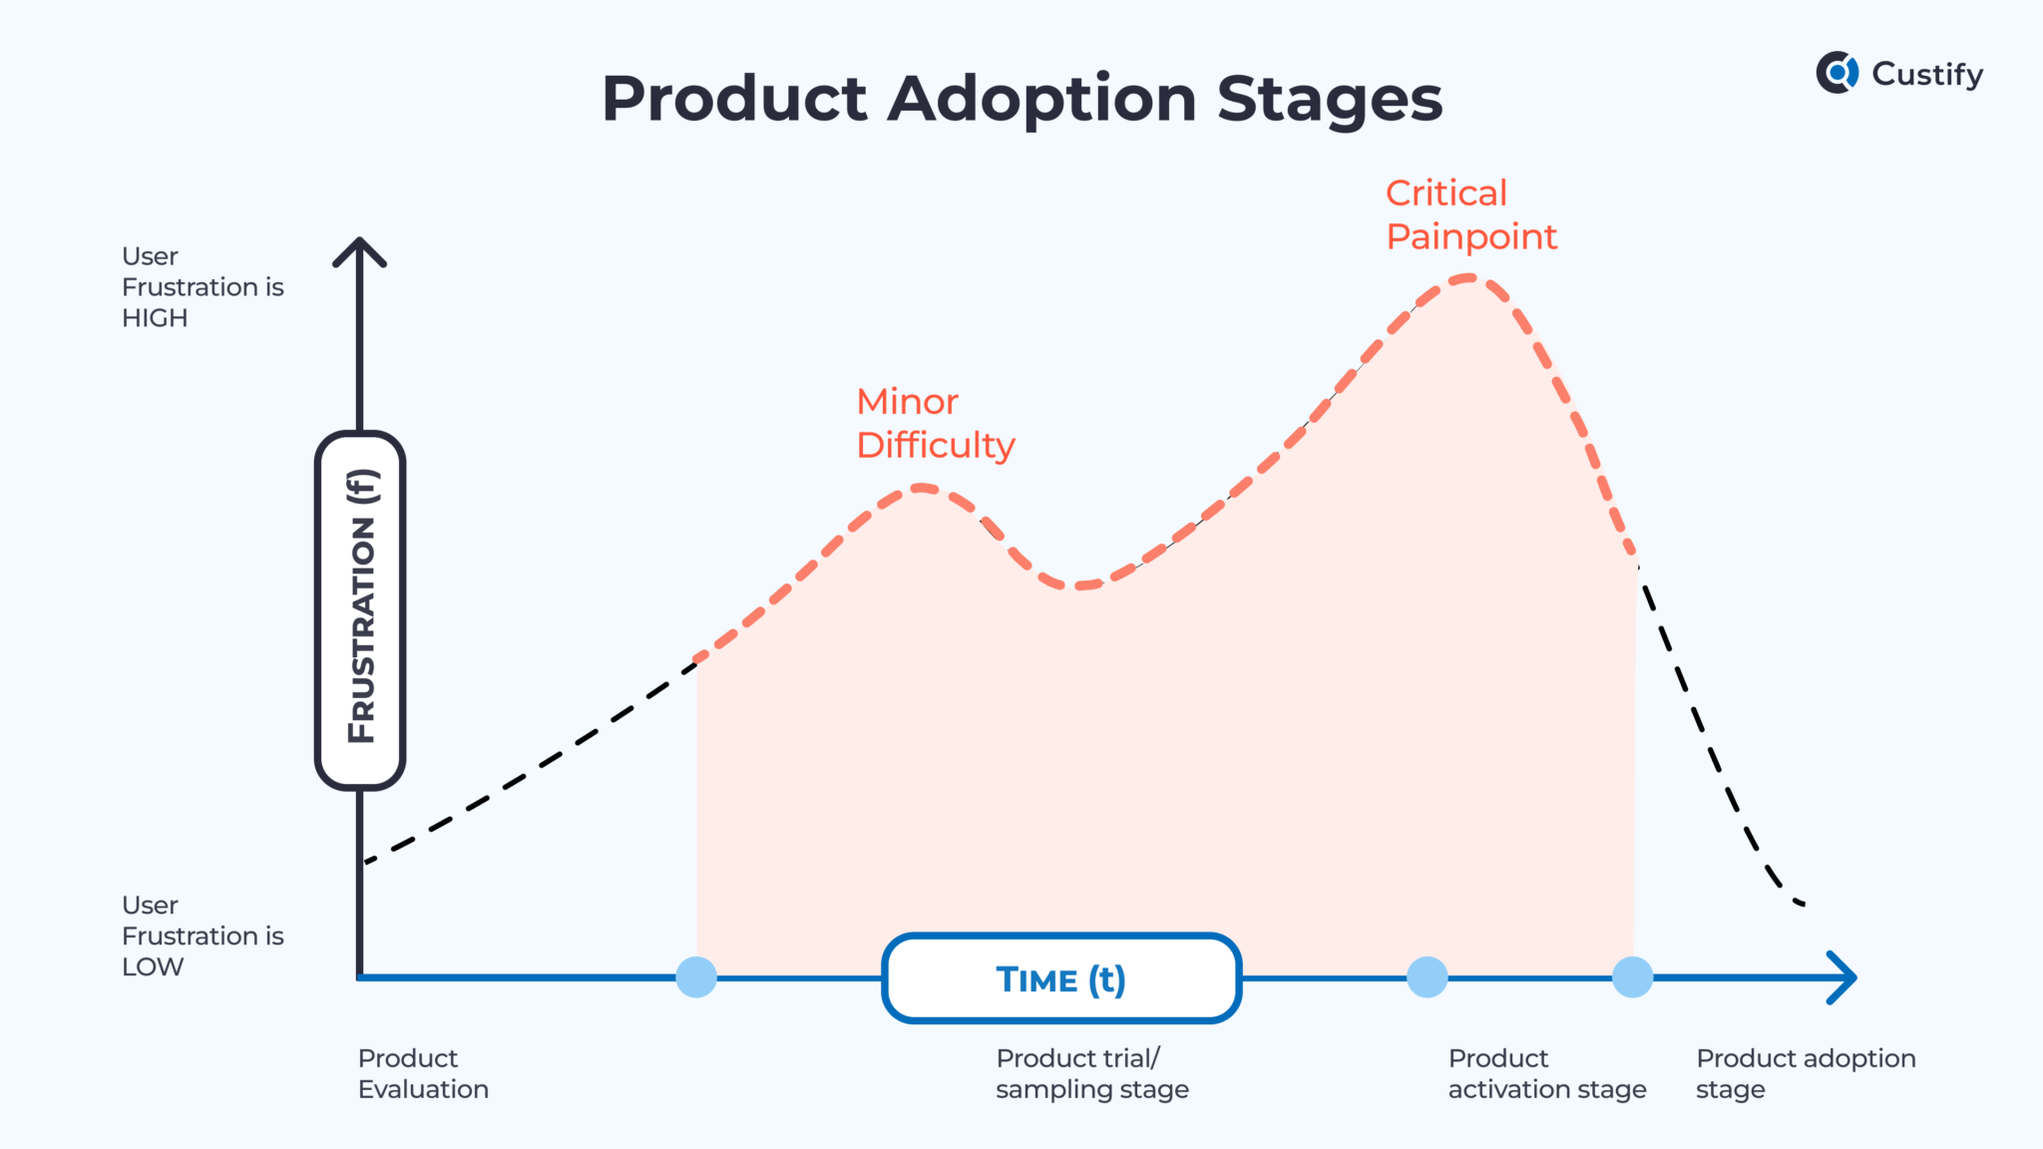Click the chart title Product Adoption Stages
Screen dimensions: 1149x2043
pos(1021,99)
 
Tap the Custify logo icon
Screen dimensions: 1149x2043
pos(1837,73)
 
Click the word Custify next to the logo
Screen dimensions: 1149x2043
pos(1927,74)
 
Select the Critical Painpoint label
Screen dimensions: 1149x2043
pos(1470,214)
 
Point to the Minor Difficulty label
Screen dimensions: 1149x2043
pos(935,423)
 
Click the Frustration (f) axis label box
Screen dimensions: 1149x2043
pos(360,609)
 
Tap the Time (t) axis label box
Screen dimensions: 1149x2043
pos(1061,978)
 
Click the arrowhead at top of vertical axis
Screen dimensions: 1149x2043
pos(359,249)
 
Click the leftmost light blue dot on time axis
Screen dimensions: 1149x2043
pos(696,976)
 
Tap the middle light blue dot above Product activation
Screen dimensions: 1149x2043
pos(1427,976)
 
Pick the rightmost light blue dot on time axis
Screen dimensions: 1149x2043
pos(1632,976)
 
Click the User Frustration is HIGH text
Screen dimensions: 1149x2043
pos(202,287)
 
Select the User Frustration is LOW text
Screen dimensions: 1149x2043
pos(202,936)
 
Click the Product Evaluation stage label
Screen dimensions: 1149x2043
pos(423,1073)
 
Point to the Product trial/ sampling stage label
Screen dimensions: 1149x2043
pos(1091,1073)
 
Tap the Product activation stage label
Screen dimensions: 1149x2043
pos(1546,1073)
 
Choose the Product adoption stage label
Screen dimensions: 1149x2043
pos(1805,1073)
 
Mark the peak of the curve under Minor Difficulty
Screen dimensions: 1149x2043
pos(921,488)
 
